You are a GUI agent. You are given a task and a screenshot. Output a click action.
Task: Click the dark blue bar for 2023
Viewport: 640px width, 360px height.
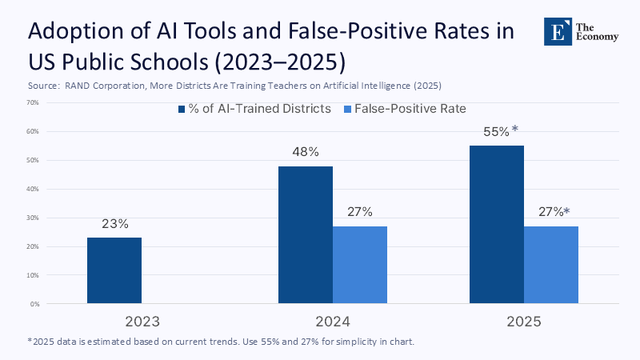114,270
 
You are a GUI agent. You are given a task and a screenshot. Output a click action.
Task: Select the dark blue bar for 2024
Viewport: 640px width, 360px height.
306,235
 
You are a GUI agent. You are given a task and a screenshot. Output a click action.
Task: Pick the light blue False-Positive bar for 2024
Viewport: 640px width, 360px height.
360,265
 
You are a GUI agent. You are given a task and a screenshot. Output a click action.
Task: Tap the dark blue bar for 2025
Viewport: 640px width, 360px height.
497,225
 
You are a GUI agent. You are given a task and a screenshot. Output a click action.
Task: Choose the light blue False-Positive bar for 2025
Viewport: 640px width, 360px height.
551,265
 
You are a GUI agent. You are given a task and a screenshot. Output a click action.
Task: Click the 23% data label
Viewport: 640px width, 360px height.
115,224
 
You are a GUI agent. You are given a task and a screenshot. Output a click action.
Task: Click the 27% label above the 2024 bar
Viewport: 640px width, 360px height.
360,212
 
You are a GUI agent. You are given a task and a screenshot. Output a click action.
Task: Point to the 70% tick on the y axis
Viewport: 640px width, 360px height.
34,102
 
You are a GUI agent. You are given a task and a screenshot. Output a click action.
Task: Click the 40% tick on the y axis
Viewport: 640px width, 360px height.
34,189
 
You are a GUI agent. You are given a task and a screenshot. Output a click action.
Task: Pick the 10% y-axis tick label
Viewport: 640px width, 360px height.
34,275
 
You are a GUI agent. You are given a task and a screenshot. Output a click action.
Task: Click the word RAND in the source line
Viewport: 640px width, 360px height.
77,85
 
